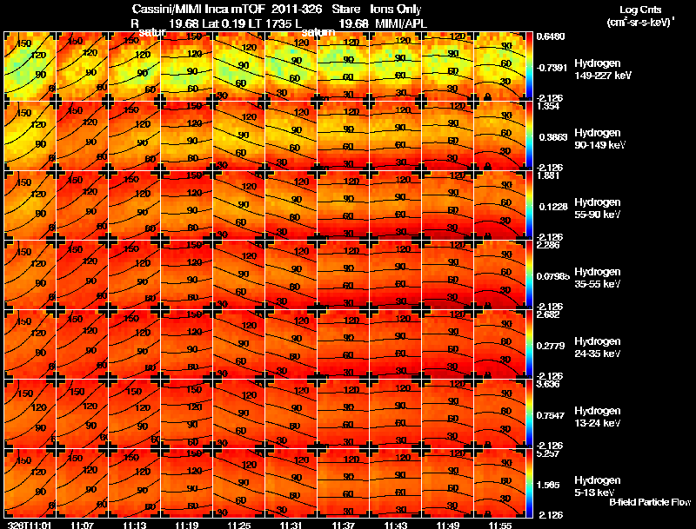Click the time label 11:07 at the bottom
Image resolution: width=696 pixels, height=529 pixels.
(x=82, y=525)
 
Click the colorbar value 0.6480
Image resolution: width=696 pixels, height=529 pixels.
(x=550, y=36)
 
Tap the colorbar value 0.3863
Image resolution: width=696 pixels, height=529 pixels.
(x=550, y=137)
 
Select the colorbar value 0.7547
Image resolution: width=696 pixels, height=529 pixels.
(x=550, y=415)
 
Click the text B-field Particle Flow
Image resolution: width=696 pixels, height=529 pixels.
(x=650, y=503)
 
